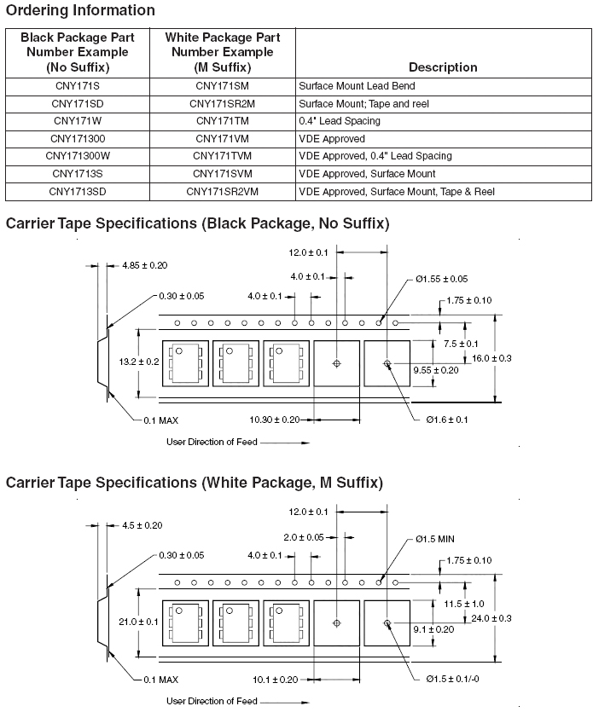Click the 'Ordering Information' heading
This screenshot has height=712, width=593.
(x=80, y=10)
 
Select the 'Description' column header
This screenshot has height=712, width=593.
(x=443, y=67)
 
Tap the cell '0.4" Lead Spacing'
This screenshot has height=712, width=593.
(x=340, y=121)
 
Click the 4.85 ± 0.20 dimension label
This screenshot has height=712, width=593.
(x=145, y=265)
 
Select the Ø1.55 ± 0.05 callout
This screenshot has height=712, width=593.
(x=441, y=279)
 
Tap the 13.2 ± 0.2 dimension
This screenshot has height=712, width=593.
(x=139, y=362)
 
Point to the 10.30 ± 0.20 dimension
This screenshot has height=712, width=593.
(x=275, y=420)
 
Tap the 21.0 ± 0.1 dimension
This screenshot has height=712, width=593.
(x=139, y=622)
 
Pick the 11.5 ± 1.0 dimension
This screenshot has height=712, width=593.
(x=464, y=604)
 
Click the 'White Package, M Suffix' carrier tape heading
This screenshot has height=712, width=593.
(x=195, y=483)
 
